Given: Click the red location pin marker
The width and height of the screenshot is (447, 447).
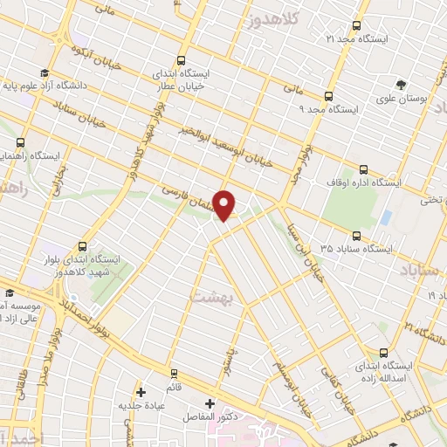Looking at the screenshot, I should tap(224, 206).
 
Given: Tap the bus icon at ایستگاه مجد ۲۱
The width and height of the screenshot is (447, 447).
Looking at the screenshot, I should tap(355, 26).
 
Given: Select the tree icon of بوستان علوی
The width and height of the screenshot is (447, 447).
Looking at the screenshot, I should tap(401, 85).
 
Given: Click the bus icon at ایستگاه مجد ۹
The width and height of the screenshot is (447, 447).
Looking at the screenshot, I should tap(329, 96).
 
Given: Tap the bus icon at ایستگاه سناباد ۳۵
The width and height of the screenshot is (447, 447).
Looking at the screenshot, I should tap(355, 235).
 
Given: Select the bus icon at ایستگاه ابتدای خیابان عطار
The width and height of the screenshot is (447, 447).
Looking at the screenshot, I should tap(181, 61).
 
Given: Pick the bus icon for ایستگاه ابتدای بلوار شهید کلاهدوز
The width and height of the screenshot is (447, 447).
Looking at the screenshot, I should tap(82, 246).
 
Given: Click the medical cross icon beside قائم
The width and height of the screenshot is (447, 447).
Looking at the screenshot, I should tap(141, 392).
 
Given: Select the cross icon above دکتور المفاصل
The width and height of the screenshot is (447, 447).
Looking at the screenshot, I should tap(210, 403).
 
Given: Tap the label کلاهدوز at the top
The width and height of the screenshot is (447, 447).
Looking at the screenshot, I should tap(272, 19).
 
